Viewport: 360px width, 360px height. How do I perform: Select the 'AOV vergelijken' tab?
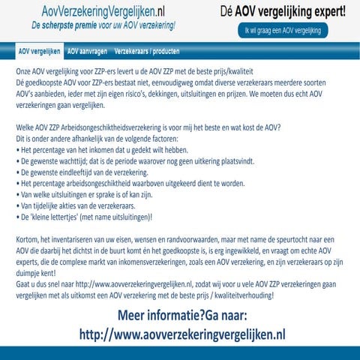click(39, 52)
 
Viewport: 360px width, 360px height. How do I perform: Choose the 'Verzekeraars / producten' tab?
click(146, 52)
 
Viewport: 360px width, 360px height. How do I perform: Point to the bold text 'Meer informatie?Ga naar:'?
click(182, 315)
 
